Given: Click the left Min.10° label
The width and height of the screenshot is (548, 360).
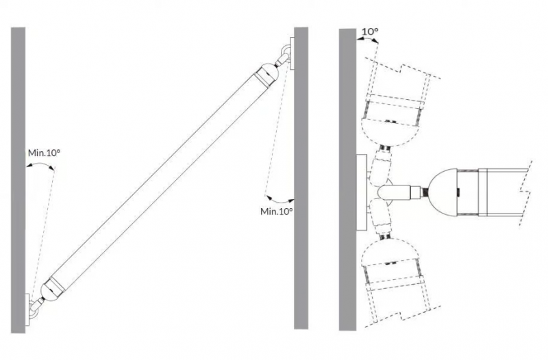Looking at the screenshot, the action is pos(44,153).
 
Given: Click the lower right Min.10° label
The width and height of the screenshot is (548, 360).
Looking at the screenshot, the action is pos(277,211).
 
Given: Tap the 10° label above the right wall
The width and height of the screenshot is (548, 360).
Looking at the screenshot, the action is pos(370,31).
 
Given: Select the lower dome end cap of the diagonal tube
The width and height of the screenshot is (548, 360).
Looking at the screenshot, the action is pos(52,288).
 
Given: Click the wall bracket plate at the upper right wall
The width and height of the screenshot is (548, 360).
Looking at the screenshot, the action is pos(292,53).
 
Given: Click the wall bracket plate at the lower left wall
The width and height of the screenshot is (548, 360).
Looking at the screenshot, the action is pos(27,310).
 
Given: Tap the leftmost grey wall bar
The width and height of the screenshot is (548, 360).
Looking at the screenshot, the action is pos(18,180).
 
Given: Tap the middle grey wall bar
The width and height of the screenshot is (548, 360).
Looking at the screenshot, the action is pos(301,178).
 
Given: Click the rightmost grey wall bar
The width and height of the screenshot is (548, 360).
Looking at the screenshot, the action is pos(347,179).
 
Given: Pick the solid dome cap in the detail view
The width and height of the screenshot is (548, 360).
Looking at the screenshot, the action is pos(443,192).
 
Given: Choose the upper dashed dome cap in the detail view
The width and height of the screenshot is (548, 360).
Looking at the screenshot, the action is pos(390,132).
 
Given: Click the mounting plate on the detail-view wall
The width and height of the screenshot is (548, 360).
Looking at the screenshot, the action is pos(362,192).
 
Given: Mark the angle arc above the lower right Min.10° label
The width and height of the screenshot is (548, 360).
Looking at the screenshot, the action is pos(279,201).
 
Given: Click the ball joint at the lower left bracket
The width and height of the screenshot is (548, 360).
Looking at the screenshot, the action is pos(36,307).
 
